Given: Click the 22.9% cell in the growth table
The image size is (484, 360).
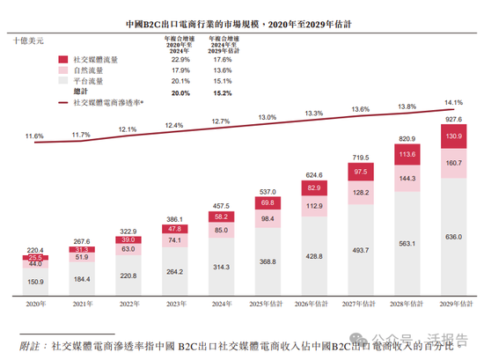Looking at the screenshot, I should tap(180, 58).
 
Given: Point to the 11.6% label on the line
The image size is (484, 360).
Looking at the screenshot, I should tap(34, 136).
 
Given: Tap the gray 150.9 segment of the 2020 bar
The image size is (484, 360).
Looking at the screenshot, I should tap(34, 282).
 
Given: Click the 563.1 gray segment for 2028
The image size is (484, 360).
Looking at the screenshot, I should tap(407, 245).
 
